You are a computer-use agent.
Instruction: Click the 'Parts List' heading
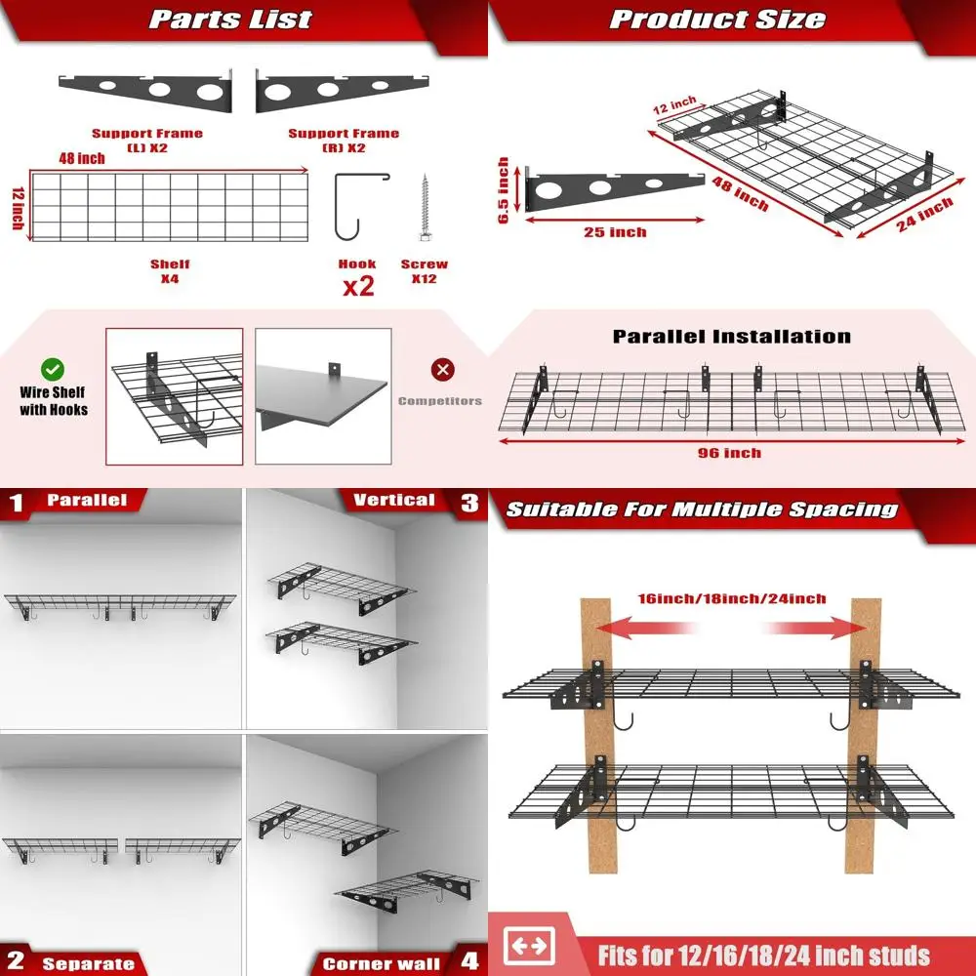[x=230, y=20]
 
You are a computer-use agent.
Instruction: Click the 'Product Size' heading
[x=717, y=20]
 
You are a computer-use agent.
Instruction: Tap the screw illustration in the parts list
[x=426, y=208]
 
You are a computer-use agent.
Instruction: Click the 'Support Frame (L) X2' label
[x=146, y=140]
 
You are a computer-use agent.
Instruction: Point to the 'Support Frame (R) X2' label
[x=344, y=140]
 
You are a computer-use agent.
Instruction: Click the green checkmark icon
[x=53, y=370]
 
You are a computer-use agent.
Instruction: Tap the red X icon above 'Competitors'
[x=443, y=370]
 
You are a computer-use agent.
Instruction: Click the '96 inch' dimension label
[x=730, y=453]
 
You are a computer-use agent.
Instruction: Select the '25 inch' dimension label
[x=615, y=231]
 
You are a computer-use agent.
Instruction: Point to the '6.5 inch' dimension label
[x=504, y=191]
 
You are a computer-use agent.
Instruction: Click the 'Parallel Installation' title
[x=731, y=337]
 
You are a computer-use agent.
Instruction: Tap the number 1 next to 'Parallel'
[x=16, y=503]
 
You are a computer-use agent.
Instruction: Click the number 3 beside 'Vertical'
[x=470, y=502]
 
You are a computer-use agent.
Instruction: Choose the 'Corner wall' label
[x=381, y=963]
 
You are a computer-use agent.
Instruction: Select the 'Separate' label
[x=88, y=963]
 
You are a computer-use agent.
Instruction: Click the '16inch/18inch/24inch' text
[x=732, y=598]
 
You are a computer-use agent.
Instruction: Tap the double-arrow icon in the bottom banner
[x=529, y=946]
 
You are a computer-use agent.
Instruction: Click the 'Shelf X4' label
[x=170, y=271]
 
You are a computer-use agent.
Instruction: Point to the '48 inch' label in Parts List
[x=80, y=159]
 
